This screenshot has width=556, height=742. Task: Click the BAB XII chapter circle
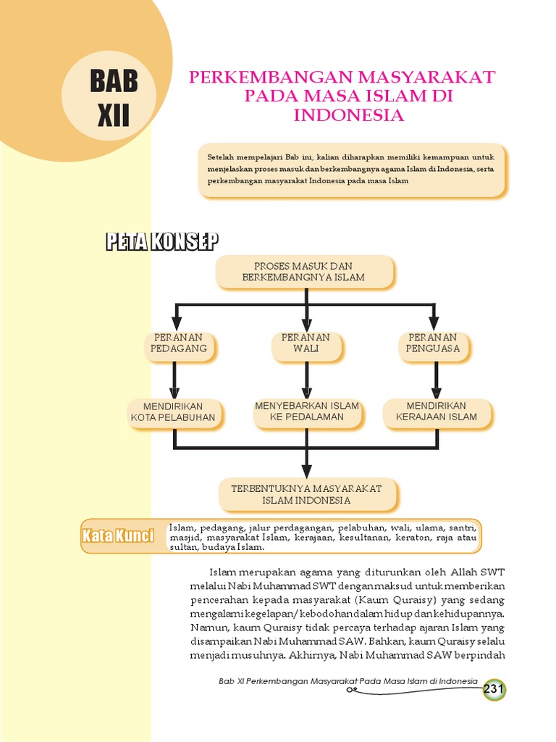[x=109, y=96]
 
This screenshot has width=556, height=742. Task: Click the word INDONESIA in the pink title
[x=348, y=115]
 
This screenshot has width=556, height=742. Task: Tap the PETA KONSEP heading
[x=162, y=241]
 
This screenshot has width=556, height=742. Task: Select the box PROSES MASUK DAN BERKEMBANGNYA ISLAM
[x=304, y=272]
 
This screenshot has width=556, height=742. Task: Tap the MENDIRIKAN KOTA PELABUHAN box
[x=173, y=412]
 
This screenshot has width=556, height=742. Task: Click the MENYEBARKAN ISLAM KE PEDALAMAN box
[x=307, y=412]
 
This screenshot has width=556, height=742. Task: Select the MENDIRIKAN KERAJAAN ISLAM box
[x=437, y=412]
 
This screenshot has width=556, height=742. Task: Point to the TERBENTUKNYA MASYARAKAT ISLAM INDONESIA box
[x=306, y=494]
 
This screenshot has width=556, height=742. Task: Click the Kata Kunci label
[x=118, y=535]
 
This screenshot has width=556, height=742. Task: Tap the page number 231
[x=494, y=689]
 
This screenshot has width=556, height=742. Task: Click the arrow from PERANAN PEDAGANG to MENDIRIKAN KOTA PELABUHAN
[x=174, y=379]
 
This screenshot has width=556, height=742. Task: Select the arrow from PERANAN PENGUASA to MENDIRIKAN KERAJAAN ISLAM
[x=437, y=379]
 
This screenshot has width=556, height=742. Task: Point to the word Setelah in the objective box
[x=220, y=157]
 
